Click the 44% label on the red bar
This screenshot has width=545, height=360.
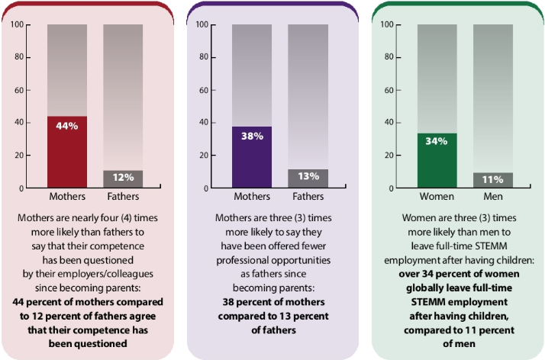click(x=67, y=126)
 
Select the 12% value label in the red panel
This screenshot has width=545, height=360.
click(x=123, y=178)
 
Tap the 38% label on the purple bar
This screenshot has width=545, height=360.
click(x=252, y=136)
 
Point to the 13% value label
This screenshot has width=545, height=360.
click(x=308, y=177)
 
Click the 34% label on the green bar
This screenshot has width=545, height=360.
click(x=437, y=141)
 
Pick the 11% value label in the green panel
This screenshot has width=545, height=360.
click(x=492, y=178)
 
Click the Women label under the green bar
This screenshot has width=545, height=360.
click(x=437, y=198)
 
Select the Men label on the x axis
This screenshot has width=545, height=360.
click(x=493, y=198)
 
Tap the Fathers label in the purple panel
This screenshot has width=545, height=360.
click(x=308, y=198)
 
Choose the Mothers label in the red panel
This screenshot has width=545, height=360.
click(x=67, y=198)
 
